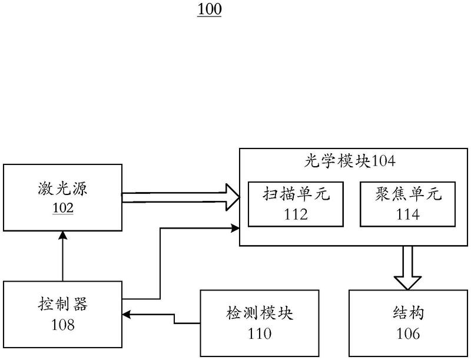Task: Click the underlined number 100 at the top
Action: tap(210, 9)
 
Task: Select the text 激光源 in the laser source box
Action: tap(62, 189)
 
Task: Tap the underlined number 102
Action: tap(63, 208)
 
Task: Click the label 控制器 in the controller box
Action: tap(62, 304)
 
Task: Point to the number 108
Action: tap(63, 325)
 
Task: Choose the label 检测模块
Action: tap(260, 312)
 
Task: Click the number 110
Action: tap(260, 333)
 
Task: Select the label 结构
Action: tap(408, 312)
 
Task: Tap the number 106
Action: tap(408, 333)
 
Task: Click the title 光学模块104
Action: tap(350, 161)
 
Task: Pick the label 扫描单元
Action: tap(296, 193)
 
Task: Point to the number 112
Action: tap(296, 214)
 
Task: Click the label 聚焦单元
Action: tap(408, 193)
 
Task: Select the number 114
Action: tap(407, 214)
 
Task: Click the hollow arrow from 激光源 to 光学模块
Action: tap(181, 197)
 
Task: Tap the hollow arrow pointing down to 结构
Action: tap(407, 268)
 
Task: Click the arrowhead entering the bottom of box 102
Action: tap(63, 235)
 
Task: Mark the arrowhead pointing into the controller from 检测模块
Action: tap(126, 315)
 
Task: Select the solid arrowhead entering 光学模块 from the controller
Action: tap(235, 228)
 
